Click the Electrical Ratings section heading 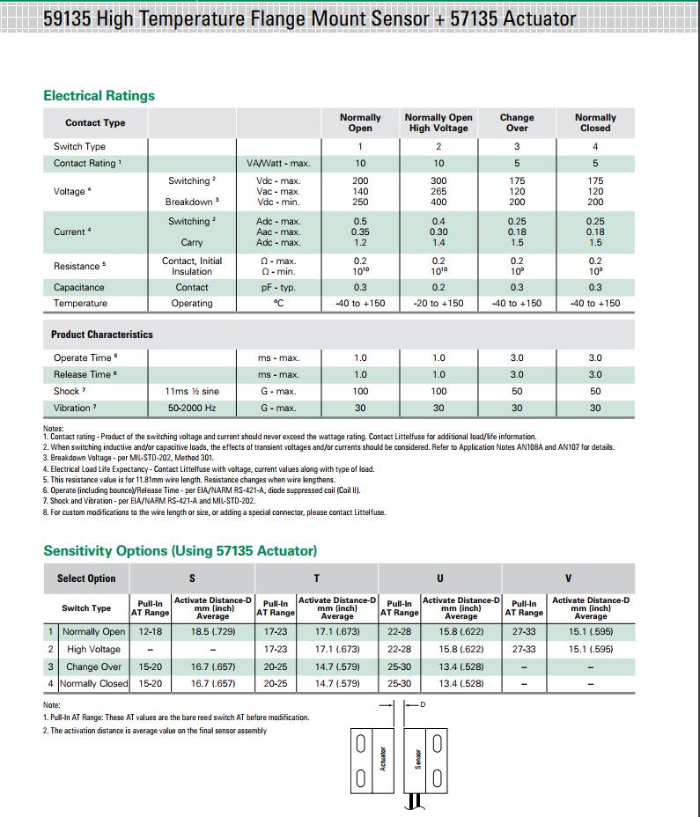[99, 95]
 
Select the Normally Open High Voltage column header [438, 122]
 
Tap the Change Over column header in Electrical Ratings [517, 122]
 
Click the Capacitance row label [78, 287]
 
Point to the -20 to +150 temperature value [438, 303]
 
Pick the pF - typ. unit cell [278, 287]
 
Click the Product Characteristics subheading [101, 335]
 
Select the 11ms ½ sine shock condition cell [192, 391]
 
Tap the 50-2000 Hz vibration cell [192, 408]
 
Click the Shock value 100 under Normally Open [360, 391]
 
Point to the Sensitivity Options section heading [180, 550]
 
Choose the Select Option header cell [86, 578]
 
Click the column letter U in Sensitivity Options [440, 578]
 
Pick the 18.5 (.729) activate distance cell [213, 631]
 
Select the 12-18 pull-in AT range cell [151, 631]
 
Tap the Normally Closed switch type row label [93, 683]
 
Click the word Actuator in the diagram [383, 758]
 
